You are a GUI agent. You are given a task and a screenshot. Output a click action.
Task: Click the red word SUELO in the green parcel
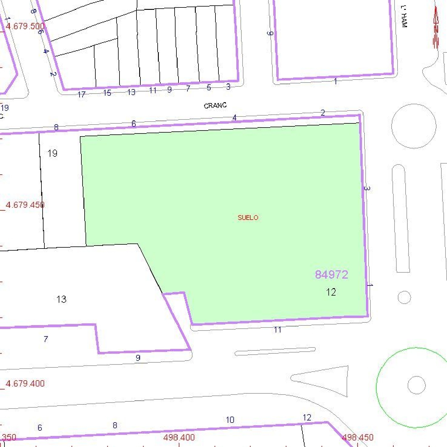pyautogui.click(x=248, y=218)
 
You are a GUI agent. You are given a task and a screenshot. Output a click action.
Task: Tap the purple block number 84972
pyautogui.click(x=331, y=274)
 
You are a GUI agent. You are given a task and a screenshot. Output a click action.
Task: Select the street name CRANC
pyautogui.click(x=215, y=105)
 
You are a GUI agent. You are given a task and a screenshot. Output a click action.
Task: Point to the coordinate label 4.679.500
pyautogui.click(x=25, y=26)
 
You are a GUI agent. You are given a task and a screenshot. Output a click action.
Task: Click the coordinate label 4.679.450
pyautogui.click(x=25, y=205)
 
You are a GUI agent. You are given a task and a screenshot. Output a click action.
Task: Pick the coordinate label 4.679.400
pyautogui.click(x=25, y=384)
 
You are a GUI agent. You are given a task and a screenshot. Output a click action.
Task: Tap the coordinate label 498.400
pyautogui.click(x=179, y=437)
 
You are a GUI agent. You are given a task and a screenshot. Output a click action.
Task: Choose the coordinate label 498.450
pyautogui.click(x=358, y=437)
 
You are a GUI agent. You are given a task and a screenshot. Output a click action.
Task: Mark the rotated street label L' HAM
pyautogui.click(x=404, y=17)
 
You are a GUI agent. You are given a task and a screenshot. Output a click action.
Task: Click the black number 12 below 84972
pyautogui.click(x=331, y=292)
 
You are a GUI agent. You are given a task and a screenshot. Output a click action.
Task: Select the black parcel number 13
pyautogui.click(x=61, y=299)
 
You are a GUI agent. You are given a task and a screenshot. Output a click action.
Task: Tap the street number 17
pyautogui.click(x=81, y=94)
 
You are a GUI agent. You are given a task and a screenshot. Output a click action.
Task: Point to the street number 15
pyautogui.click(x=107, y=93)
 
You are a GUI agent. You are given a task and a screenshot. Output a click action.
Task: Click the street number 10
pyautogui.click(x=230, y=420)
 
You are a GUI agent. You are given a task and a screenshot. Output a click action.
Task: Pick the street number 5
pyautogui.click(x=209, y=88)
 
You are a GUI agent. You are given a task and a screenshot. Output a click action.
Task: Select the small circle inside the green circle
pyautogui.click(x=416, y=385)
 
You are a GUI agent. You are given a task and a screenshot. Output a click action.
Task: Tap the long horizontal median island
pyautogui.click(x=275, y=351)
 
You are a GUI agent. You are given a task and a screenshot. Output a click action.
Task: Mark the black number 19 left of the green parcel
pyautogui.click(x=52, y=153)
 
